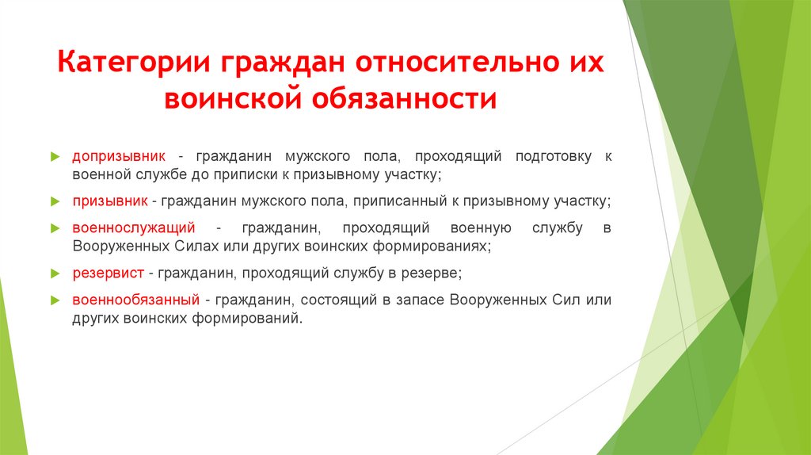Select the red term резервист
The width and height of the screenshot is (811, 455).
pos(108,273)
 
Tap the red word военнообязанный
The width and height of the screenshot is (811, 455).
pos(135,300)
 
